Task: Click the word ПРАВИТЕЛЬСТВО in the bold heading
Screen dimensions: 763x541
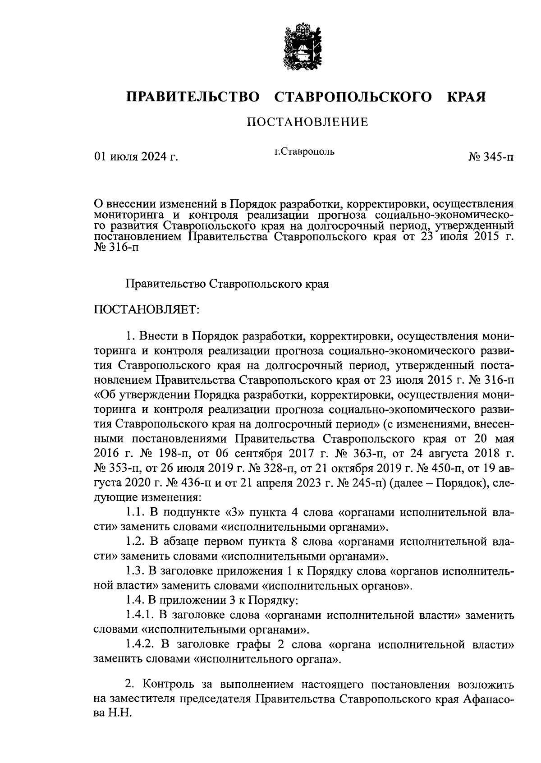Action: [193, 97]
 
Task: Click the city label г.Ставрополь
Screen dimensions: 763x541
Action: [305, 152]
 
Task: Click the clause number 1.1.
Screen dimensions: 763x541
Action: [135, 513]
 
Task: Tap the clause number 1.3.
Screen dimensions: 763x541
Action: [135, 571]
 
